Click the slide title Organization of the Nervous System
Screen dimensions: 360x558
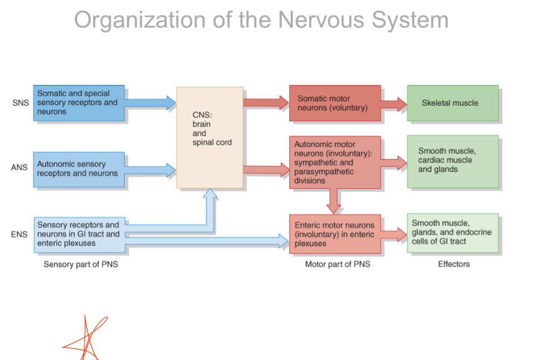coord(261,20)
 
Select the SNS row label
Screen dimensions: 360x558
coord(20,103)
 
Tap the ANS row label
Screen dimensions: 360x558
coord(19,168)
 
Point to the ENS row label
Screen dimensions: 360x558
coord(19,234)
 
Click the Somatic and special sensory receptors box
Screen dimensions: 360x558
coord(79,103)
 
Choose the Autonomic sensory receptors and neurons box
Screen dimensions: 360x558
coord(79,169)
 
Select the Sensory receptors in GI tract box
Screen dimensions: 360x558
coord(79,234)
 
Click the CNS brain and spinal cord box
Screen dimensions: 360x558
coord(210,137)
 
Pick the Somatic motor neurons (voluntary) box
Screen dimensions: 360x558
coord(334,103)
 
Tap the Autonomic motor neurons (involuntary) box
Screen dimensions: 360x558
coord(334,162)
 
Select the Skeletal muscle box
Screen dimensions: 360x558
coord(453,103)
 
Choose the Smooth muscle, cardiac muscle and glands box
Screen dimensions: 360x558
coord(453,161)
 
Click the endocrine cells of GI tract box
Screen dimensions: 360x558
coord(453,233)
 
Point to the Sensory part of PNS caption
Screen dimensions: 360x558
coord(81,264)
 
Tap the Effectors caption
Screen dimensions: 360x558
coord(454,264)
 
